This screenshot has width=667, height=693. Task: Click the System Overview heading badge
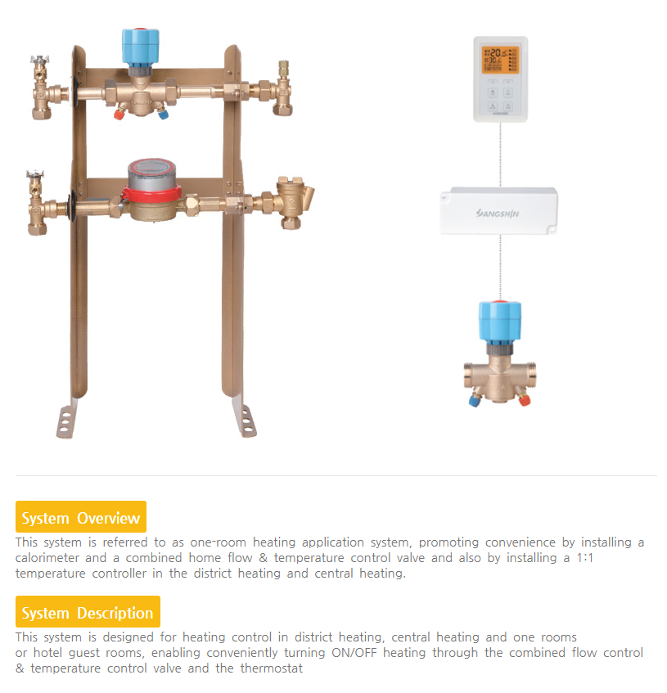tap(80, 517)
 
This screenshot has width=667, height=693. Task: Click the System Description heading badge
tap(88, 612)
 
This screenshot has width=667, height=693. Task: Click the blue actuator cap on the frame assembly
tap(140, 47)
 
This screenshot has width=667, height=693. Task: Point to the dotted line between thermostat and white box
tap(498, 155)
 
